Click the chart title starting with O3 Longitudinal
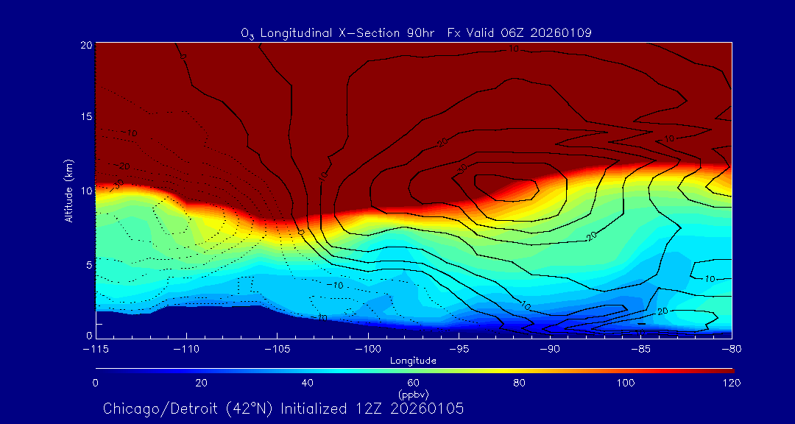point(417,32)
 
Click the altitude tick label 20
point(85,45)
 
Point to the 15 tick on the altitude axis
point(85,117)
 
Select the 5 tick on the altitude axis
point(87,264)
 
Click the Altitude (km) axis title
point(68,190)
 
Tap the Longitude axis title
point(413,361)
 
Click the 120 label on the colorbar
point(731,383)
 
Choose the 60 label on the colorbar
point(413,383)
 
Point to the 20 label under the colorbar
point(201,383)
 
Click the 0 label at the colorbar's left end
point(96,383)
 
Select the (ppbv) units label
point(413,394)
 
